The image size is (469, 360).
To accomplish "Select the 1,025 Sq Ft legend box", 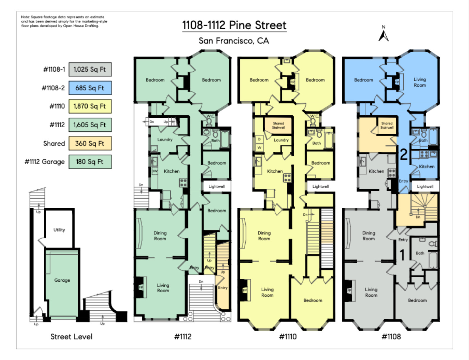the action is [x=90, y=69].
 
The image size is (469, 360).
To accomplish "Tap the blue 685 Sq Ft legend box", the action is [x=90, y=88].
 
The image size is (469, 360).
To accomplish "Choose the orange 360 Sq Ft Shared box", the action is [x=90, y=143].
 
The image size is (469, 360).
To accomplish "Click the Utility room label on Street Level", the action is [x=59, y=230].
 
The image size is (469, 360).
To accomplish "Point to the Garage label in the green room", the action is [x=62, y=280].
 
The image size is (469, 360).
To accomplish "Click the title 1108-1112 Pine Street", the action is [x=234, y=25].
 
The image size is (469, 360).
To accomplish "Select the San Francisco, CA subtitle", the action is [x=234, y=40].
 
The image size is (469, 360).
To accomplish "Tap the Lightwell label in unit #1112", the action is [x=217, y=186].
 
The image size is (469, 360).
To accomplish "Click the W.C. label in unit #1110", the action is [x=314, y=116].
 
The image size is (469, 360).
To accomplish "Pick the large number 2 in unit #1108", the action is [x=404, y=154].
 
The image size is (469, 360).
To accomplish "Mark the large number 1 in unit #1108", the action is [x=402, y=255].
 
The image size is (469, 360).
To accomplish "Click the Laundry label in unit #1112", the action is [x=165, y=139].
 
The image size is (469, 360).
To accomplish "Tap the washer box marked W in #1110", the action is [x=259, y=148].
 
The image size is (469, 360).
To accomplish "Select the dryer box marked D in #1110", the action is [x=259, y=139].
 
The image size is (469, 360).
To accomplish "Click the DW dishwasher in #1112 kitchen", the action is [x=154, y=171].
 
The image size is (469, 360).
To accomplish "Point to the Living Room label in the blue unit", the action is [x=420, y=82].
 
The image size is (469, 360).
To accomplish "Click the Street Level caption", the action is [x=72, y=337].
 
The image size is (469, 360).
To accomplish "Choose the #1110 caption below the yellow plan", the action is [x=288, y=337].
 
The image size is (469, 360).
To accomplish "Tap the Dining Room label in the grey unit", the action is [x=369, y=236].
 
